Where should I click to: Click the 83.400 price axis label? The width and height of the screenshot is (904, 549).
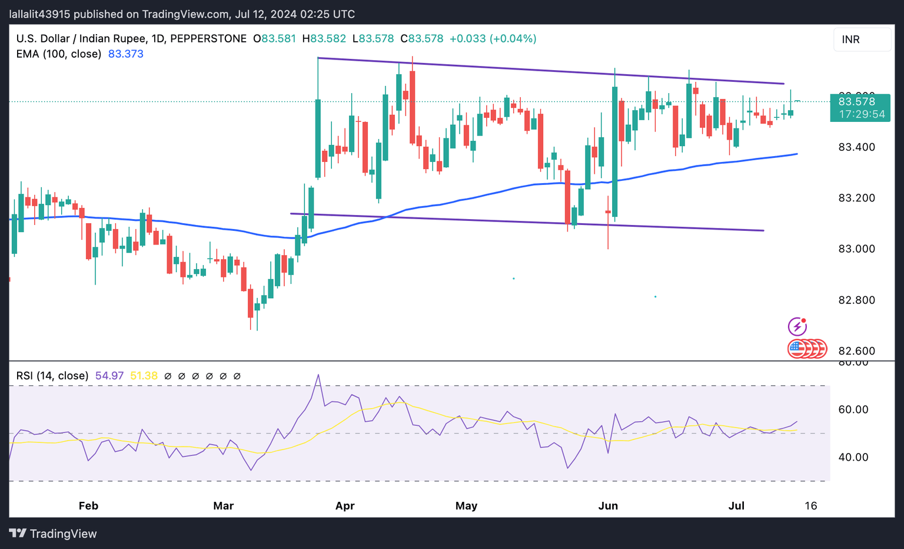pos(856,147)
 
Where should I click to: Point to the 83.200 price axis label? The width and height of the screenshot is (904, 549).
pos(856,198)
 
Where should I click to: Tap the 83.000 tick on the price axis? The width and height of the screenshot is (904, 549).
pos(856,249)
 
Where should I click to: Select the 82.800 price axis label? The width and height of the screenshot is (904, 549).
pos(856,300)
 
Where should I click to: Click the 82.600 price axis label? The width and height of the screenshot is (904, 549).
pos(856,351)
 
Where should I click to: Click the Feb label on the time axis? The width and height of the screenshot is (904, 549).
pos(88,506)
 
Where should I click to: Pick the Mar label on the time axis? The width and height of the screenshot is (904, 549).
pos(224,506)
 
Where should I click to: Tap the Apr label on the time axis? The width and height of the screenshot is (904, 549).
pos(345,506)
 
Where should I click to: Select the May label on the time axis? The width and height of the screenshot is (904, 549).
pos(466,506)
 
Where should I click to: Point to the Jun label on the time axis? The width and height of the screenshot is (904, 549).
pos(608,506)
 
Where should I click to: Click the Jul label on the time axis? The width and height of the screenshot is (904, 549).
pos(736,506)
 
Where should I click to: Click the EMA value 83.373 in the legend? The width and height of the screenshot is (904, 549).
pos(125,54)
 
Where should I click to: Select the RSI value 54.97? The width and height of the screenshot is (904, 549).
pos(109,376)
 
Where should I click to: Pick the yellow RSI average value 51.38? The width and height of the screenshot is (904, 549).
pos(144,376)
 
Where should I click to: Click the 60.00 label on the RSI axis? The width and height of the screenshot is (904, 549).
pos(853,409)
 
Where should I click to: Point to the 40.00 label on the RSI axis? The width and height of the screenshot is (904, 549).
pos(853,457)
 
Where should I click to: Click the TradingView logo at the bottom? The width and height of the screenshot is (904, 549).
pos(53,534)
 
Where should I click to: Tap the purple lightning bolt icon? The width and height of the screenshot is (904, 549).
pos(797,326)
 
